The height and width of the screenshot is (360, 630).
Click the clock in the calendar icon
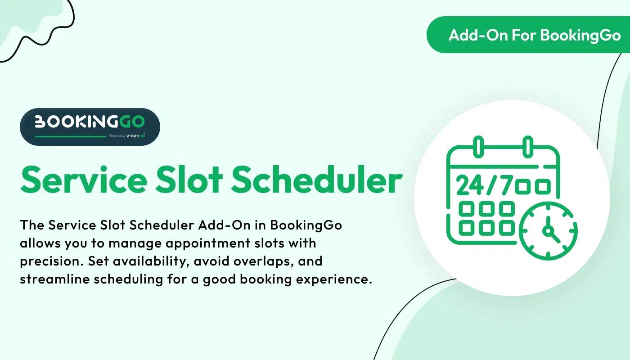tap(548, 230)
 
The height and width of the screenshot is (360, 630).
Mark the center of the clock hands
tap(548, 231)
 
